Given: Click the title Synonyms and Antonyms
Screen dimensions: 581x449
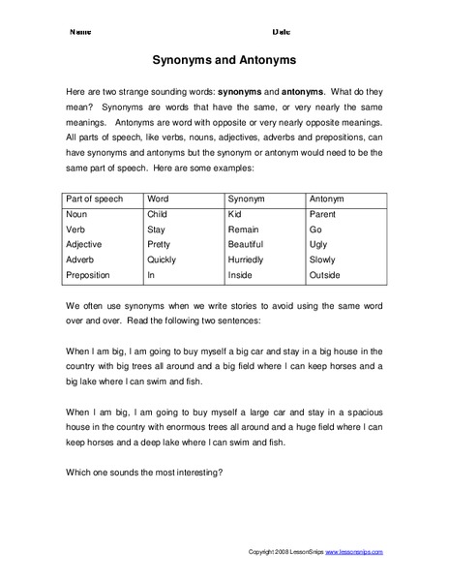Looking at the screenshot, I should click(224, 57).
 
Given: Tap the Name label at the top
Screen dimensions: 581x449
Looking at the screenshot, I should click(80, 32).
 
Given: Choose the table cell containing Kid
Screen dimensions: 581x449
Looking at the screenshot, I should click(235, 213).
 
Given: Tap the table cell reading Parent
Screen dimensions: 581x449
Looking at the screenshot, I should click(322, 213).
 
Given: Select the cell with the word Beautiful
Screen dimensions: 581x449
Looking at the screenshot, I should click(249, 244).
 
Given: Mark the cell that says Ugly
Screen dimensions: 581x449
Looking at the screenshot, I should click(318, 244).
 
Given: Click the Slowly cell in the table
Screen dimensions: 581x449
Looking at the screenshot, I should click(323, 260).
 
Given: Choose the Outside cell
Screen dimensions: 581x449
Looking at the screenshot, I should click(326, 275).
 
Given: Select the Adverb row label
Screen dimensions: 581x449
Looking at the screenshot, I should click(82, 260).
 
